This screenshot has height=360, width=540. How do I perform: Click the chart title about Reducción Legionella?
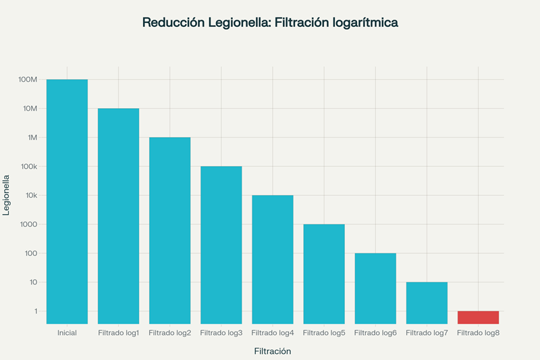point(270,22)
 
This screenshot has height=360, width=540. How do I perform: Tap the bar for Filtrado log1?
point(118,216)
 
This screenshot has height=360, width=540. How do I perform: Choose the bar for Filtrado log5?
point(324,274)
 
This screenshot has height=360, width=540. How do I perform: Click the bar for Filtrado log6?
point(375,288)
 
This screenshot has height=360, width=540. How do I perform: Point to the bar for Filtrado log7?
point(427,303)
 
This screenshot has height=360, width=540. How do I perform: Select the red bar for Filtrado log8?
point(478,317)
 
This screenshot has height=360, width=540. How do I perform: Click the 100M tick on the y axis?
point(28,80)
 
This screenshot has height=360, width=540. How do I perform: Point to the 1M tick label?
point(31,138)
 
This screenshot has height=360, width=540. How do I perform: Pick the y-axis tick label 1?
point(36,311)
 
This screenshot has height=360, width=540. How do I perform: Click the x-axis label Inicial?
point(67,333)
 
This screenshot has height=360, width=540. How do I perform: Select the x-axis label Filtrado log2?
point(170,333)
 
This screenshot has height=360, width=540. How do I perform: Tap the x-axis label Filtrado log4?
point(273,333)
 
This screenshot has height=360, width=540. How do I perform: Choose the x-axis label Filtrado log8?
point(478,333)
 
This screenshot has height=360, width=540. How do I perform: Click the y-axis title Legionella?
point(7,195)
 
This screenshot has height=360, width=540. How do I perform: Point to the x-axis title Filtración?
point(272,351)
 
